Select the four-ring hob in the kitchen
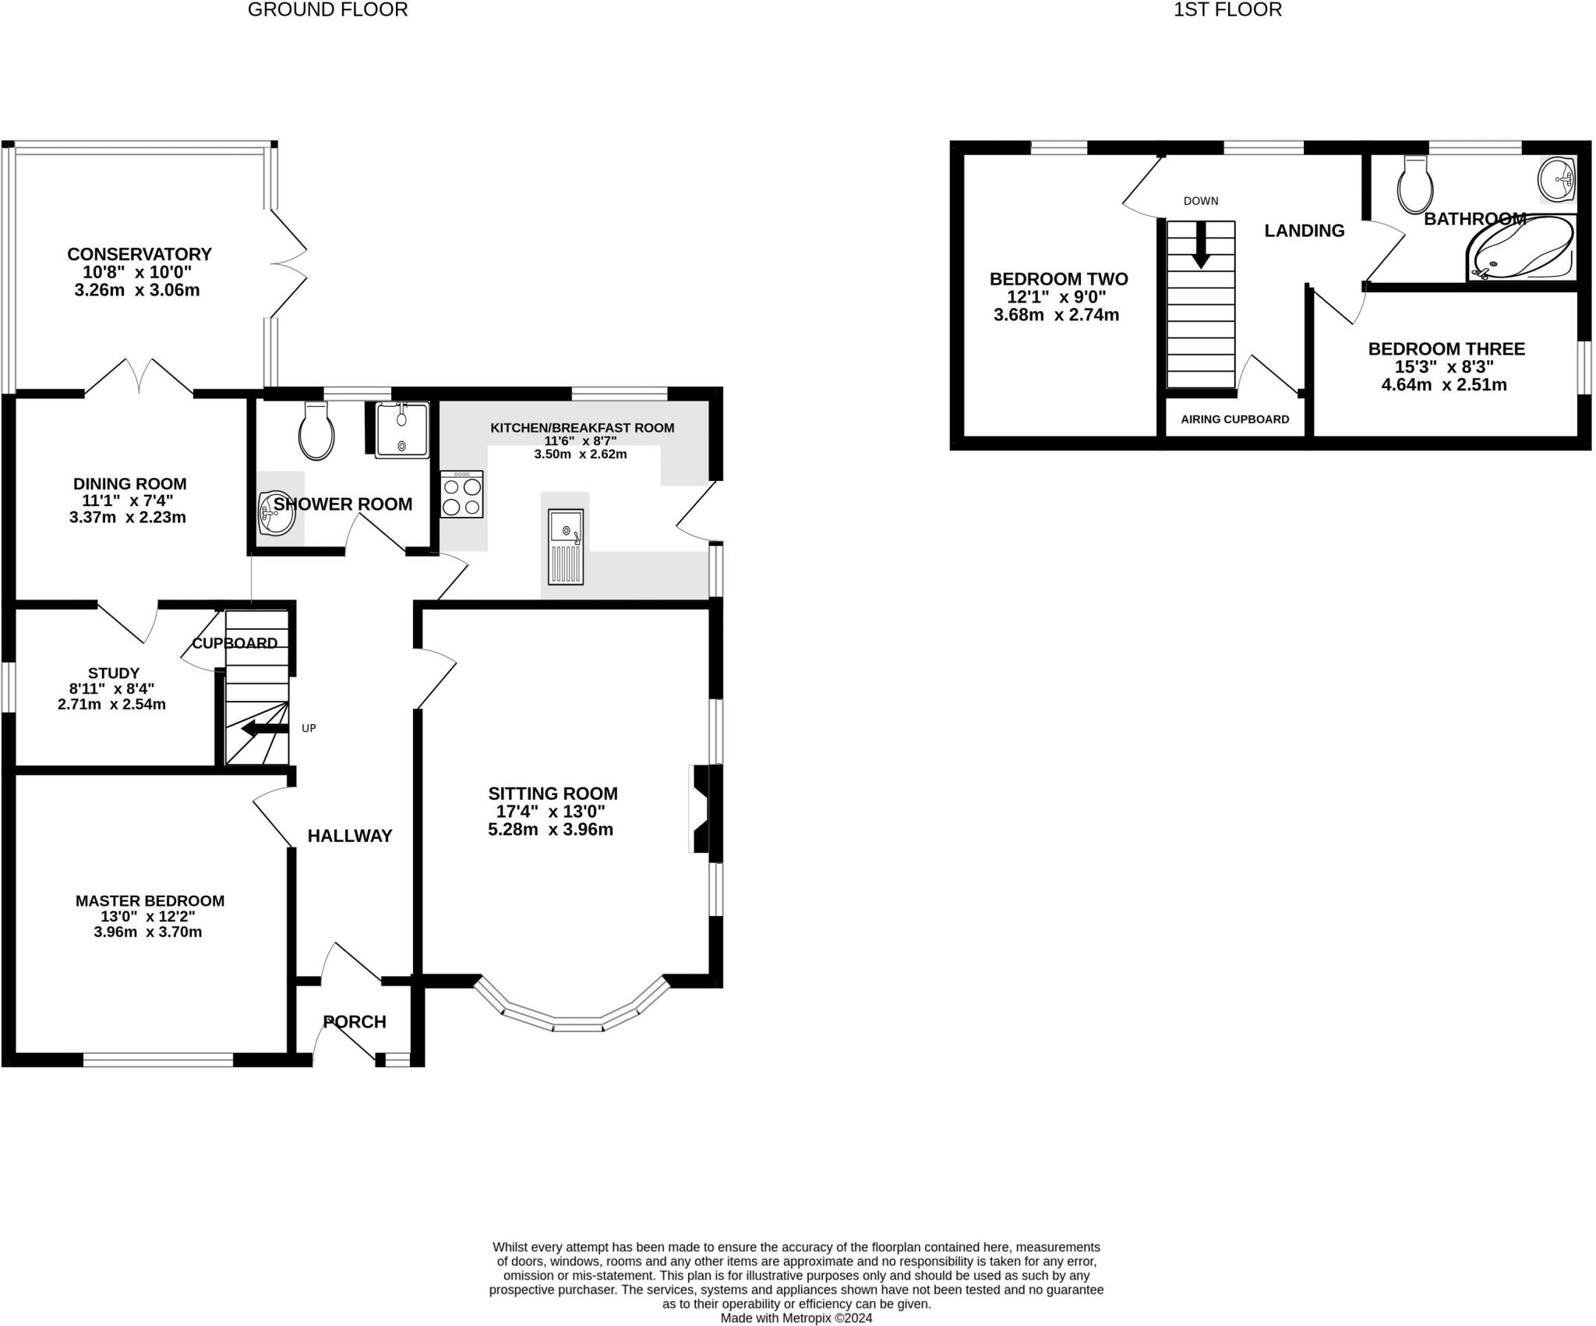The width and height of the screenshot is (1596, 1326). pos(461,495)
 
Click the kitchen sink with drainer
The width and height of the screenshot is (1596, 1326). pos(566,546)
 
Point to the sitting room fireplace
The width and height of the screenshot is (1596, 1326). pos(701,809)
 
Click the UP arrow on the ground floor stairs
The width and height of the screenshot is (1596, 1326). pos(264,730)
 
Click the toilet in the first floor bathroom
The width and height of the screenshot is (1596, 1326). pos(1415,186)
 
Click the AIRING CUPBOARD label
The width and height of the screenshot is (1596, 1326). pos(1234,419)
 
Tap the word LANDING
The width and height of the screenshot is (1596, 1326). pos(1304,231)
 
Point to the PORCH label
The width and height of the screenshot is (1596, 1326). pos(355,1022)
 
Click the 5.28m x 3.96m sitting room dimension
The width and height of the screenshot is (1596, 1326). pos(550,829)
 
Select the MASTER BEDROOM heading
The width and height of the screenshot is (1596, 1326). pos(150,900)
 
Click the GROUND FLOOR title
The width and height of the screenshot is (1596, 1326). pos(327,10)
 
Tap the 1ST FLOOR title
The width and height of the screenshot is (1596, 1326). pos(1227,10)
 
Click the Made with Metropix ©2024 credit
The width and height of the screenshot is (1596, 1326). pos(796,1318)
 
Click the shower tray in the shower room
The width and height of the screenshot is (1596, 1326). pos(402,430)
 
